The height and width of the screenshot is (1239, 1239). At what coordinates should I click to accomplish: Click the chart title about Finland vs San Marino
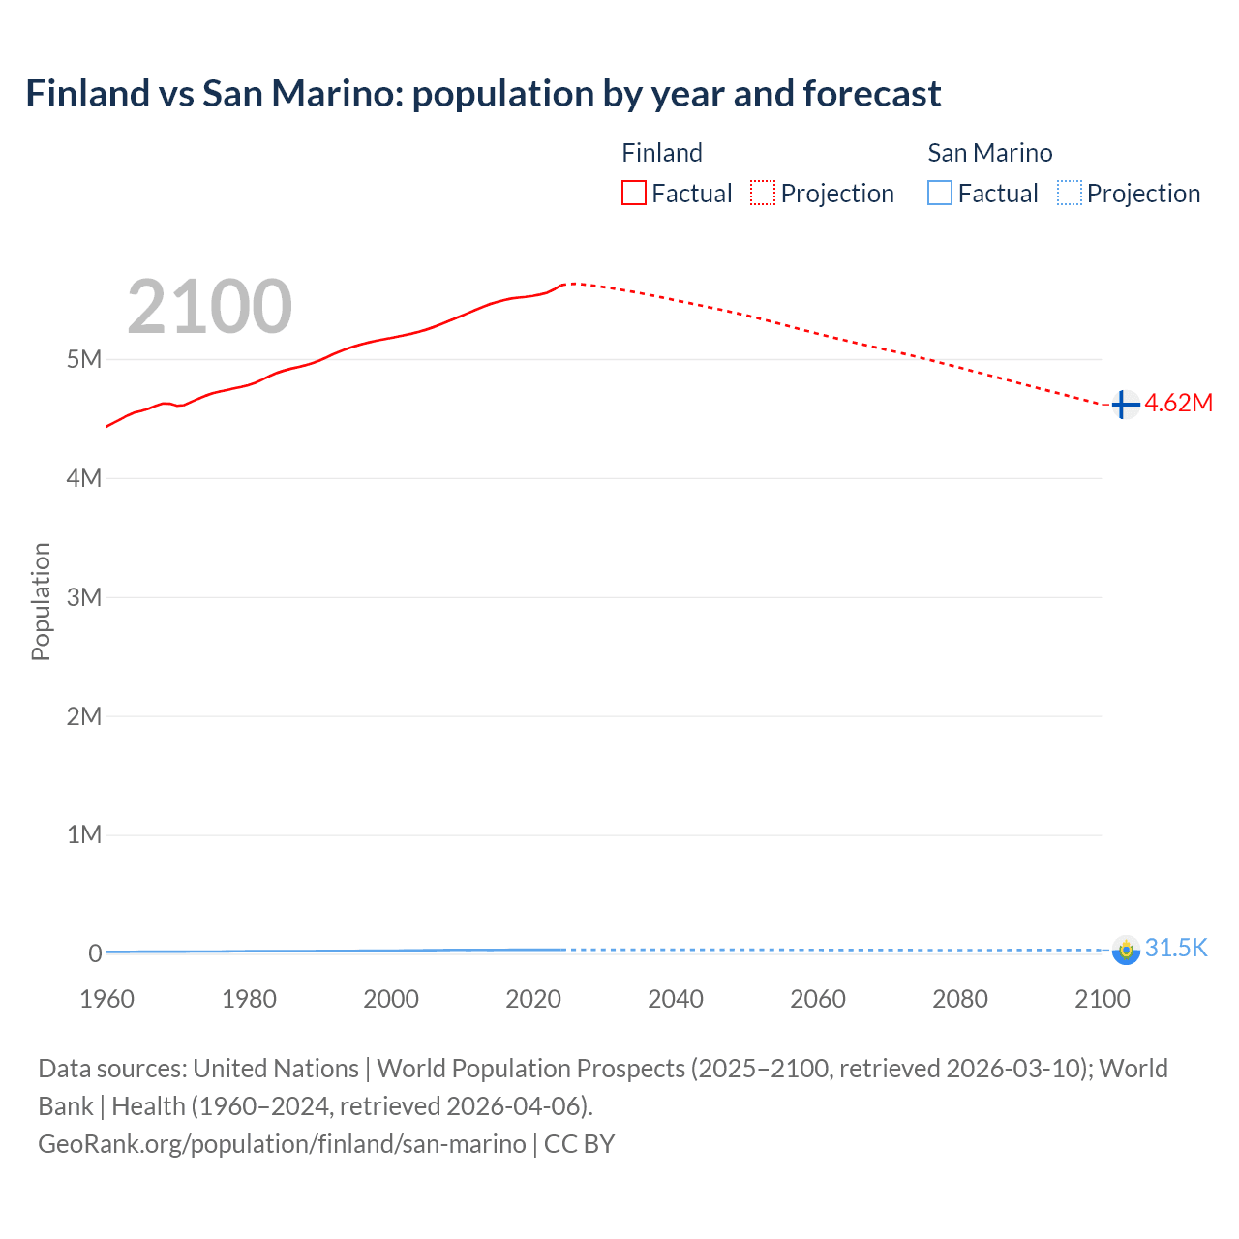(483, 94)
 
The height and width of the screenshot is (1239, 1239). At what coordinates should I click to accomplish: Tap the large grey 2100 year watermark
(209, 307)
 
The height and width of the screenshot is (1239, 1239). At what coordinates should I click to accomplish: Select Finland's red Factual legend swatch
(634, 194)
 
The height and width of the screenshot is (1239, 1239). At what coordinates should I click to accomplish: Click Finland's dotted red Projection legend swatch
(763, 194)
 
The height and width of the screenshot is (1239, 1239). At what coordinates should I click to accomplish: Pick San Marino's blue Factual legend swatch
(940, 194)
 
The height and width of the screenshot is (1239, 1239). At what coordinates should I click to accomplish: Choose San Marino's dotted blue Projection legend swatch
(1069, 194)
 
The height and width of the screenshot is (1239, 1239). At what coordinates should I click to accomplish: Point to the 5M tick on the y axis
(84, 359)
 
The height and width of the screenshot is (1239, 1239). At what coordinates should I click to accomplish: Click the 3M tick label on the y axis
(84, 597)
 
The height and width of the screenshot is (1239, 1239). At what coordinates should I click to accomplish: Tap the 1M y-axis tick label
(84, 834)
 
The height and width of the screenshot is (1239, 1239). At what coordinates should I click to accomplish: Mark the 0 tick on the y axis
(95, 953)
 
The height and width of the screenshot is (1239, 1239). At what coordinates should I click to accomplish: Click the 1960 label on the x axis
(106, 999)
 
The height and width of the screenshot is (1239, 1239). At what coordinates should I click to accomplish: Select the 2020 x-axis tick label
(533, 999)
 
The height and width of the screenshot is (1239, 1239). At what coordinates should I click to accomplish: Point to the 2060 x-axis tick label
(818, 999)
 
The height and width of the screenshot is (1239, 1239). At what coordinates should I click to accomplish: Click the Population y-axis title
(41, 601)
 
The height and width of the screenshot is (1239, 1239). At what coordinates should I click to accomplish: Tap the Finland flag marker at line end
(1125, 405)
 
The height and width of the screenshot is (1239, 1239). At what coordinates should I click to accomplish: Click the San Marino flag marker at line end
(1126, 950)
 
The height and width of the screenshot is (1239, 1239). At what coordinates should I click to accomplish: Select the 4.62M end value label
(1179, 404)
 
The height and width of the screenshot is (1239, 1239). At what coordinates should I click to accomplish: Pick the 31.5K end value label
(1176, 948)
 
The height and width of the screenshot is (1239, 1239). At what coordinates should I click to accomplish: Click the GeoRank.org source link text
(282, 1144)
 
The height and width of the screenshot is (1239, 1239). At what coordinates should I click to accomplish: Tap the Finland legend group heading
(662, 153)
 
